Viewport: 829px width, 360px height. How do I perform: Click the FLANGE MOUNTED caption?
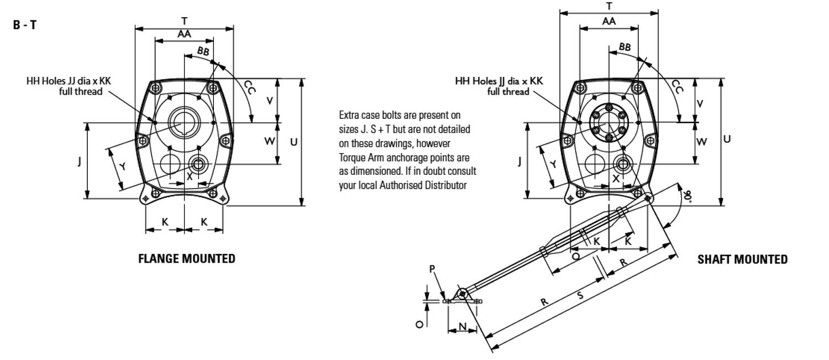click(186, 258)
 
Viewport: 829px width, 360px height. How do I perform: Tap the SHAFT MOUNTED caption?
click(743, 259)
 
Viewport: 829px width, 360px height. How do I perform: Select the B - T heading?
click(25, 26)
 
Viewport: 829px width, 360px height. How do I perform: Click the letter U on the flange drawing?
click(294, 142)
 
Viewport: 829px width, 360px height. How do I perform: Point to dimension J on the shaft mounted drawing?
click(519, 161)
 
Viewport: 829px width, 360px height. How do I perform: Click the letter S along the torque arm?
click(580, 296)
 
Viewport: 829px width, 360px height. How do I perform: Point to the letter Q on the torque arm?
click(576, 257)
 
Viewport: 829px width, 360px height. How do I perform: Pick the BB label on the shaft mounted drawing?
click(625, 48)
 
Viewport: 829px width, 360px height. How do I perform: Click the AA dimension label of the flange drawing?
click(184, 34)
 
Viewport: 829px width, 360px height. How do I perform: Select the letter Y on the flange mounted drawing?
click(123, 167)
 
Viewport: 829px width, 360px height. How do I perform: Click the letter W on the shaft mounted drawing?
click(701, 142)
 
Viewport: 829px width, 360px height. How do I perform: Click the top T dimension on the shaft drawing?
click(609, 6)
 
